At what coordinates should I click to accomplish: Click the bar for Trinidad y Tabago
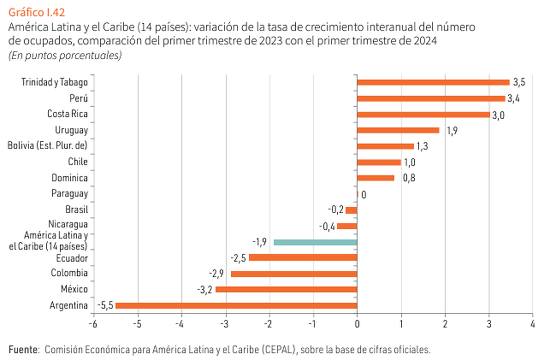pos(433,82)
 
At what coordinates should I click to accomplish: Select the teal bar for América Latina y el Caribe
pos(316,242)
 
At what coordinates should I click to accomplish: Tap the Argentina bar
pos(236,306)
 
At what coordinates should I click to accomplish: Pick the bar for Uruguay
pos(398,130)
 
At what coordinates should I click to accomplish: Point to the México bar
pos(286,290)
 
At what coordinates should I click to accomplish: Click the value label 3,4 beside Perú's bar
pos(513,99)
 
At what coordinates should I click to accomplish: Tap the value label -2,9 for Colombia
pos(217,274)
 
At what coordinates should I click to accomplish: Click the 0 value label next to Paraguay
pos(364,195)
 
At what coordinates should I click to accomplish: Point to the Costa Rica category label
pos(67,114)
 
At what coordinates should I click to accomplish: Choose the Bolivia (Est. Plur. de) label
pos(48,145)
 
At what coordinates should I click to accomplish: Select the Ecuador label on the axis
pos(72,258)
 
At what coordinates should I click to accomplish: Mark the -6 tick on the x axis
pos(93,323)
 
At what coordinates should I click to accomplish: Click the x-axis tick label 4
pos(533,323)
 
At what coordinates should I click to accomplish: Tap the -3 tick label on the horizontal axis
pos(225,323)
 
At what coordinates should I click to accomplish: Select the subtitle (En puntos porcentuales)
pos(65,56)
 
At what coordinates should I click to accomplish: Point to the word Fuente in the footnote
pos(22,349)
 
